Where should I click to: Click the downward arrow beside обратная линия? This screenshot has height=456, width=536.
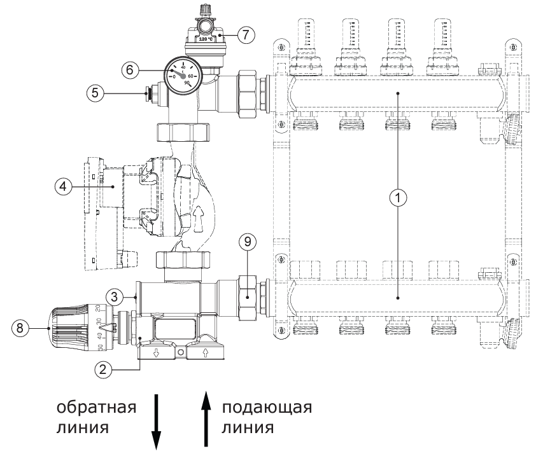pos(155,420)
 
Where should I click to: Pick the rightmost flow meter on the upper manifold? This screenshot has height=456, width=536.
pos(442,39)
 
